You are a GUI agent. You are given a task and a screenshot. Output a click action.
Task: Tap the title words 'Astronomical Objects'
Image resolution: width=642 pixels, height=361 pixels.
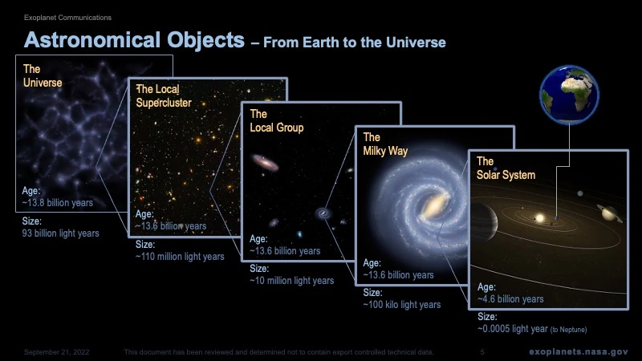(x=134, y=39)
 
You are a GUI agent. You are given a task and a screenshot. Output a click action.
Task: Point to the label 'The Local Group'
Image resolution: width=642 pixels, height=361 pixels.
(x=276, y=120)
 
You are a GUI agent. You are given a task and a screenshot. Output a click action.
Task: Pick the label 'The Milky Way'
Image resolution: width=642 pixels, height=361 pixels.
(x=385, y=144)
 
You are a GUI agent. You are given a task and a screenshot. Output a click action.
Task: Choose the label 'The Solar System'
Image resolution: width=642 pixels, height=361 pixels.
(x=505, y=168)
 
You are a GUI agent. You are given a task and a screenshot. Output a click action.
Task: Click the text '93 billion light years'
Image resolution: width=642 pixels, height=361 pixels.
(x=61, y=233)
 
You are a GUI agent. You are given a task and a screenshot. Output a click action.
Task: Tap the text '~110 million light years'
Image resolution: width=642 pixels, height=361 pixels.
(x=180, y=257)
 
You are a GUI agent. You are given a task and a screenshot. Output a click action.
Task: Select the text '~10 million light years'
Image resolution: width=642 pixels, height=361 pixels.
(x=292, y=281)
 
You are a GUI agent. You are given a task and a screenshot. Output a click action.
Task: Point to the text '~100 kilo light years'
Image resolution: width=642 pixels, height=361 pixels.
(x=402, y=305)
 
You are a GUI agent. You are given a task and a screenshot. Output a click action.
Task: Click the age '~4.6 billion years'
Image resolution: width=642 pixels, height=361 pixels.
(x=511, y=299)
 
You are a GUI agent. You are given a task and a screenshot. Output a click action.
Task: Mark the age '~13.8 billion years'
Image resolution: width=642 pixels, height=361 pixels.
(x=58, y=203)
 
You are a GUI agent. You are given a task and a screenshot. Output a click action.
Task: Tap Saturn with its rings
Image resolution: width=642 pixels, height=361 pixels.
(x=607, y=212)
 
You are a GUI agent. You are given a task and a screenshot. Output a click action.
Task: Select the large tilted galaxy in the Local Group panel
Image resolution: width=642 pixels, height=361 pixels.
(x=266, y=164)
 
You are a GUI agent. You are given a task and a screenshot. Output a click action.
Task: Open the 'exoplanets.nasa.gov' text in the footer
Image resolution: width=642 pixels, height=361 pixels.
(x=578, y=352)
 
